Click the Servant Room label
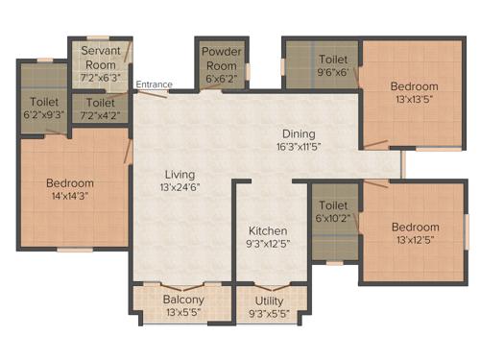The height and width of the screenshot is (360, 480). coord(100,58)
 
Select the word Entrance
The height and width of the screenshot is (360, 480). coord(154,84)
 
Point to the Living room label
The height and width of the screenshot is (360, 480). coord(180,174)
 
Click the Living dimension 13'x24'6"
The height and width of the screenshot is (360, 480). coord(180,187)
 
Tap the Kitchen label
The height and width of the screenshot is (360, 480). coord(269,231)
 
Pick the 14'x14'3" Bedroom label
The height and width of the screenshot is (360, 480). coord(70,183)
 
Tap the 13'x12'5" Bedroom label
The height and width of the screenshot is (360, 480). coord(415,227)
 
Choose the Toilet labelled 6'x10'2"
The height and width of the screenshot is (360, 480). coord(333,204)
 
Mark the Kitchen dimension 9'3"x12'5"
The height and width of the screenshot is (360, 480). coord(269,245)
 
